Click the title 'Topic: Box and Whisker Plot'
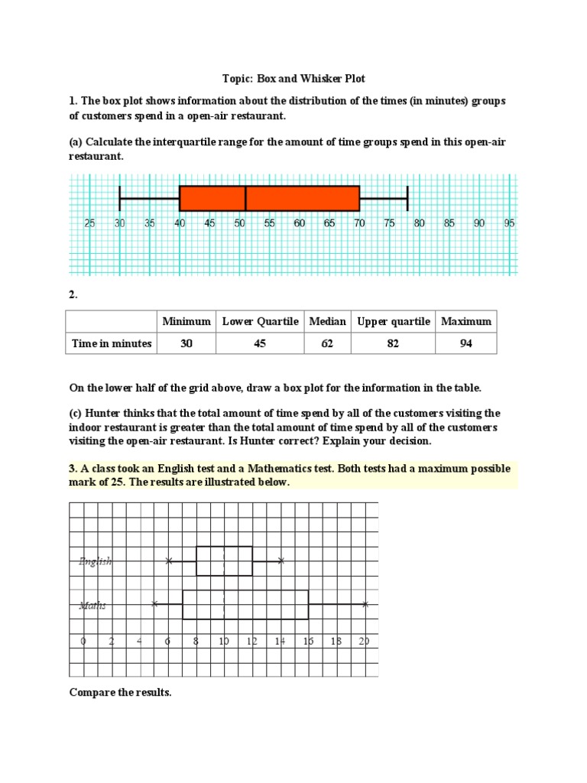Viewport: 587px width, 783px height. click(294, 79)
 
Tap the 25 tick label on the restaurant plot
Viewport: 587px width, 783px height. click(89, 223)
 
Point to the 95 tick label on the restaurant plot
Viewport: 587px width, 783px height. click(509, 223)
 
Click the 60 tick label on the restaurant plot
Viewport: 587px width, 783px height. click(299, 223)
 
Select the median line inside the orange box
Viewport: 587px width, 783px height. click(245, 198)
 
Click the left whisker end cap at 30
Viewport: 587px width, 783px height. click(120, 198)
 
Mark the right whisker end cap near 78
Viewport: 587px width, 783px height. click(407, 198)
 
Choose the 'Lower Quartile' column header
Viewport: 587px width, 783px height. click(260, 321)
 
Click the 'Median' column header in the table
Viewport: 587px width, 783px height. click(327, 321)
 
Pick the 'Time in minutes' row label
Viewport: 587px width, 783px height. click(112, 343)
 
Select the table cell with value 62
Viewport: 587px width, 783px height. click(327, 343)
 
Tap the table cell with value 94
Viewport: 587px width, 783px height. click(465, 343)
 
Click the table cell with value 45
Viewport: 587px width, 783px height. click(260, 343)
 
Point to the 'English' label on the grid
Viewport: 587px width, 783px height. click(96, 561)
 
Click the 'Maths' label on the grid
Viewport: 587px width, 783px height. click(92, 606)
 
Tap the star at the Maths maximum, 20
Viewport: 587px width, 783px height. click(365, 604)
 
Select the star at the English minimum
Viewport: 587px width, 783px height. click(169, 561)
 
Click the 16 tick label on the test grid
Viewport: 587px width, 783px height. click(308, 642)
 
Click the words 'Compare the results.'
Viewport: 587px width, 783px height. click(121, 693)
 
